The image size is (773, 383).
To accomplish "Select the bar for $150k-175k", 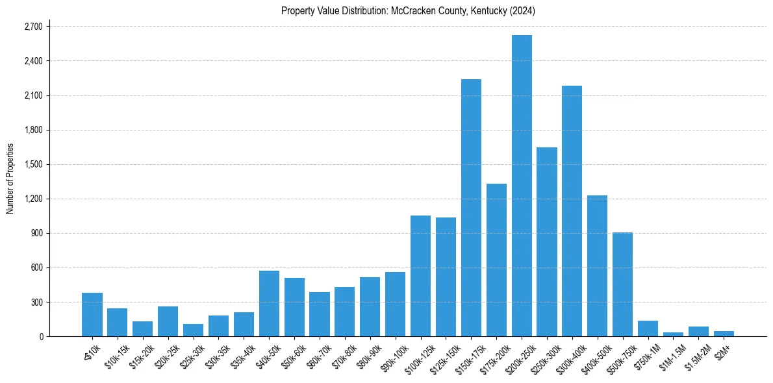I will point(471,208).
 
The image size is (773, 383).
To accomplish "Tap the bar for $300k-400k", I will point(572,211).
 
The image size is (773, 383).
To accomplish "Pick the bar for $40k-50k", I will point(269,304).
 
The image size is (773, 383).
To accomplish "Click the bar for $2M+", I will point(724,334).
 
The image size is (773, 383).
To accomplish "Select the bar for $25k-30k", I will point(193,330).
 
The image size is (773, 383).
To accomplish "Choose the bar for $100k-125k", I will point(420,276).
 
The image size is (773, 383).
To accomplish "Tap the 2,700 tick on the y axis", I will point(33,27).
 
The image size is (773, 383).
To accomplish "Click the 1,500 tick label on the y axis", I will point(33,164).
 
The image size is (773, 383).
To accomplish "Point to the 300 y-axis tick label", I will point(36,302).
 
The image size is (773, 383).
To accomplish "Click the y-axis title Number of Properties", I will point(10,179).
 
